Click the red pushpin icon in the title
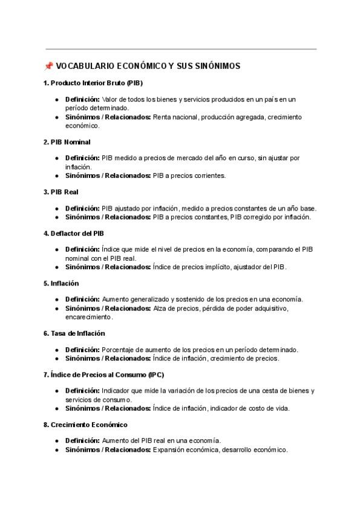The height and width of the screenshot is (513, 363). coord(48,66)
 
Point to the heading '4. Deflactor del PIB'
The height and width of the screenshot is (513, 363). coord(77,233)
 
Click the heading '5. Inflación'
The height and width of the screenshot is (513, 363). coord(61,283)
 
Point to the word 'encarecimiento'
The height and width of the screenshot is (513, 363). coord(89,316)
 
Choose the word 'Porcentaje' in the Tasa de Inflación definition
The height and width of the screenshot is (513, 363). coord(119,350)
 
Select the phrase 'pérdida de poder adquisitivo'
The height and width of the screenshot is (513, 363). coord(245,309)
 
